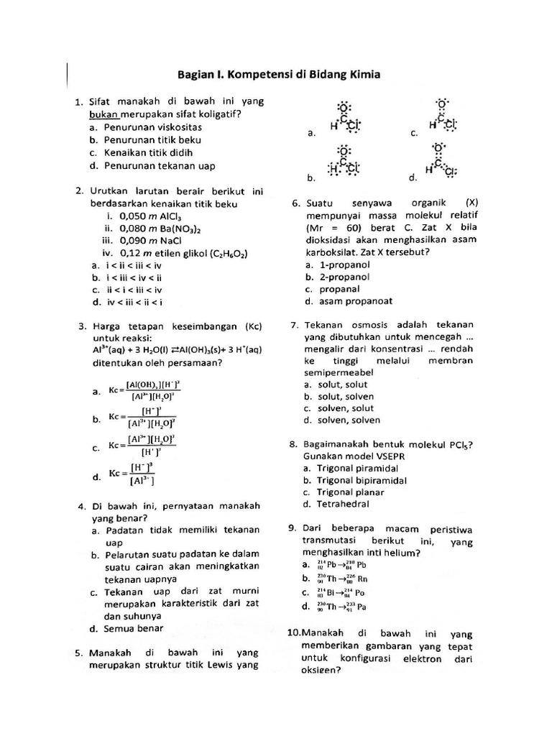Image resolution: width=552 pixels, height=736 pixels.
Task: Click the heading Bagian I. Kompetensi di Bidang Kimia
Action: tap(277, 75)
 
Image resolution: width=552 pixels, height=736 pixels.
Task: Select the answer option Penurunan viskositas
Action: tap(152, 126)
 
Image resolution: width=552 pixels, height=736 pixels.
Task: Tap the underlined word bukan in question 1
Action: tap(103, 114)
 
